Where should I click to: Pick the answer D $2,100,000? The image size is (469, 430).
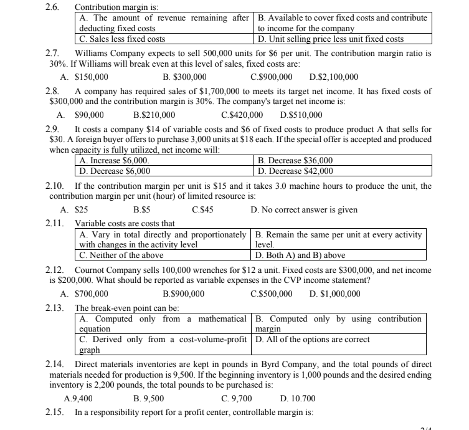(333, 77)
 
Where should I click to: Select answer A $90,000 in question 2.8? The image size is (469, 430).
(80, 115)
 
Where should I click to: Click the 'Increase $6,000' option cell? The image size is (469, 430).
(115, 160)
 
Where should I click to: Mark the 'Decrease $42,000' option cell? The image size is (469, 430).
(295, 171)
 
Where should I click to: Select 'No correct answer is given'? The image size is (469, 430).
(304, 209)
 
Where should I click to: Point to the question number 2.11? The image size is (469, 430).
(54, 223)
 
